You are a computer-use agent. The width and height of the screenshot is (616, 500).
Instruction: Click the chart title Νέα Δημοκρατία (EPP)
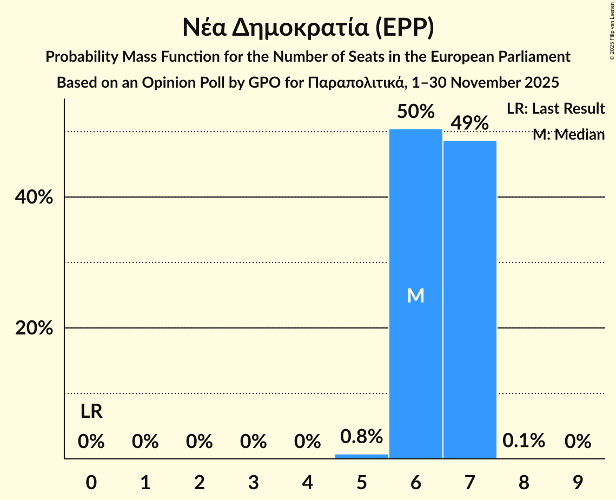(x=308, y=28)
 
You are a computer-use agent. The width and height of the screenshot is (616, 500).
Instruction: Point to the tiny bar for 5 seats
(x=361, y=456)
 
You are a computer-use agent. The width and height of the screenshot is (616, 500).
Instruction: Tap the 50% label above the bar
(x=415, y=111)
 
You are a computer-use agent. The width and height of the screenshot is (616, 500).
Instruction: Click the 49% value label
(x=469, y=123)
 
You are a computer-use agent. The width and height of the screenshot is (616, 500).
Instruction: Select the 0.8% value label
(x=361, y=436)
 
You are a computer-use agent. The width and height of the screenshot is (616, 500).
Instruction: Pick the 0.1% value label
(x=524, y=441)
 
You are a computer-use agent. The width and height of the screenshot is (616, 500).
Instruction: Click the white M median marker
(x=415, y=295)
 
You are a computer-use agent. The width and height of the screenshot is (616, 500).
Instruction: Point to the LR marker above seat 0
(x=91, y=412)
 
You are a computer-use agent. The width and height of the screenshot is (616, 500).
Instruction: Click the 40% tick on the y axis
(x=34, y=198)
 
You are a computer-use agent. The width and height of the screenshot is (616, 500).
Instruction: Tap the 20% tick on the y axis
(x=34, y=328)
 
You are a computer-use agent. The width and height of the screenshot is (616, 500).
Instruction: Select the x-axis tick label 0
(x=91, y=482)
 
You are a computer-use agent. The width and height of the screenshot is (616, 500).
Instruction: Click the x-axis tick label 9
(x=578, y=482)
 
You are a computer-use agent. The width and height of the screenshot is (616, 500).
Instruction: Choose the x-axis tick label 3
(x=253, y=482)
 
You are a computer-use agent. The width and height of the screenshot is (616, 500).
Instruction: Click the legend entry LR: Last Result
(x=555, y=109)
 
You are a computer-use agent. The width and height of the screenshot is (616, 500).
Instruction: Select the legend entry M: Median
(x=568, y=135)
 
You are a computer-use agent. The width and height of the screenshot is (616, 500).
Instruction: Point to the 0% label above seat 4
(x=307, y=442)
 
